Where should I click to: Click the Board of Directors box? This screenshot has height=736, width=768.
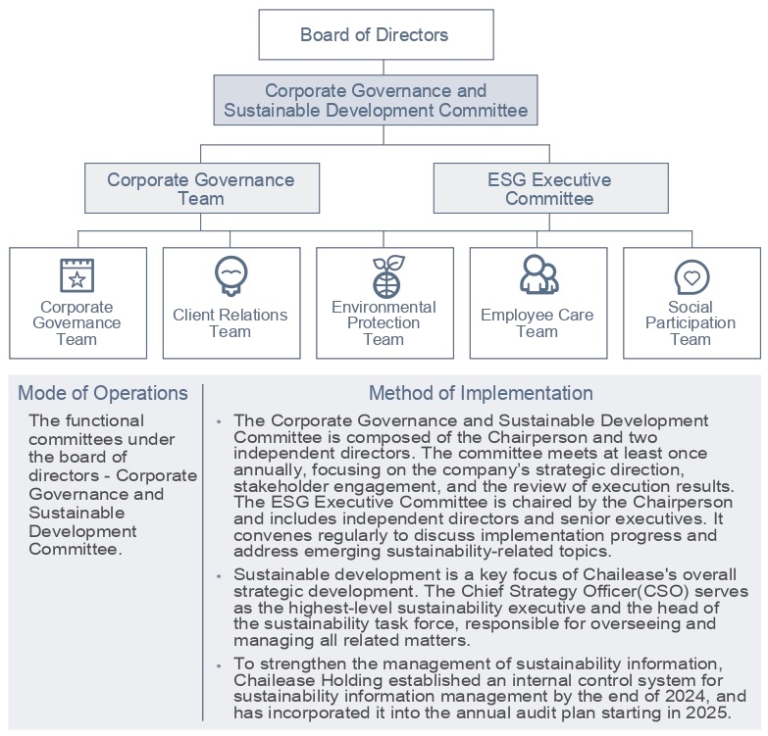(x=375, y=35)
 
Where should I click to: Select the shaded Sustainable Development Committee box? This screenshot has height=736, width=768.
(x=376, y=100)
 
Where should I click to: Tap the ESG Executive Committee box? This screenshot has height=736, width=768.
(x=549, y=189)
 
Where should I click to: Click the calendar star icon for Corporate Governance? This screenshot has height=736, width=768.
(x=77, y=275)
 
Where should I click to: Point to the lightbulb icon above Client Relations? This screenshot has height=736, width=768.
(x=230, y=275)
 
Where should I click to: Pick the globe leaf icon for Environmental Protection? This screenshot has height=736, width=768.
(x=384, y=275)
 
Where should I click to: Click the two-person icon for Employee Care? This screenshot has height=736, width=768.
(x=538, y=275)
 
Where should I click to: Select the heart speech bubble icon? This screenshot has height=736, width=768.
(x=691, y=277)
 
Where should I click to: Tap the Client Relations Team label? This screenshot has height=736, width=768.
(x=230, y=322)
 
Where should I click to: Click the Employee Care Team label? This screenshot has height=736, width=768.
(x=538, y=323)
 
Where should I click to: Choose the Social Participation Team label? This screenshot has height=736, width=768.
(x=691, y=322)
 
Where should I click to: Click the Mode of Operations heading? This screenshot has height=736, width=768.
(x=103, y=393)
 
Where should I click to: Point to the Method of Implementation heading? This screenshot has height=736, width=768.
(x=481, y=393)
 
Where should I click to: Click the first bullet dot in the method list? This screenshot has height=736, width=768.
(x=219, y=422)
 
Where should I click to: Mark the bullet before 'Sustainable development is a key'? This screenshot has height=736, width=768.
(x=219, y=576)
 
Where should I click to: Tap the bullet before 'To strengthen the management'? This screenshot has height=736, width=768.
(x=219, y=665)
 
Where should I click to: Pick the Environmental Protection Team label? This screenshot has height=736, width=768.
(x=384, y=322)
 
